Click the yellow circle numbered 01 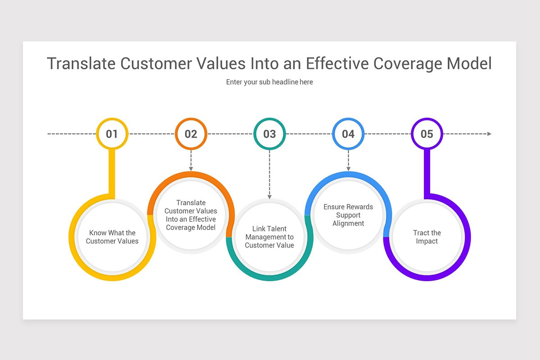(x=112, y=134)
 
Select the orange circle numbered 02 (x=191, y=134)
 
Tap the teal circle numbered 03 (x=270, y=134)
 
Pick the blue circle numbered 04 (x=348, y=134)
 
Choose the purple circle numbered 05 (x=427, y=134)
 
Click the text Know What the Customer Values (x=112, y=237)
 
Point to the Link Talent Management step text (x=270, y=237)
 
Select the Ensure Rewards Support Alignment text (x=348, y=215)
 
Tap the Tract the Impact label (x=427, y=237)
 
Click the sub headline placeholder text (x=270, y=82)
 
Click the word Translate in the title (x=81, y=63)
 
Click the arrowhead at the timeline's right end (x=489, y=134)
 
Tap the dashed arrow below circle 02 (x=191, y=160)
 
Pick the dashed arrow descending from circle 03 (x=270, y=174)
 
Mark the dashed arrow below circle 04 (x=348, y=160)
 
